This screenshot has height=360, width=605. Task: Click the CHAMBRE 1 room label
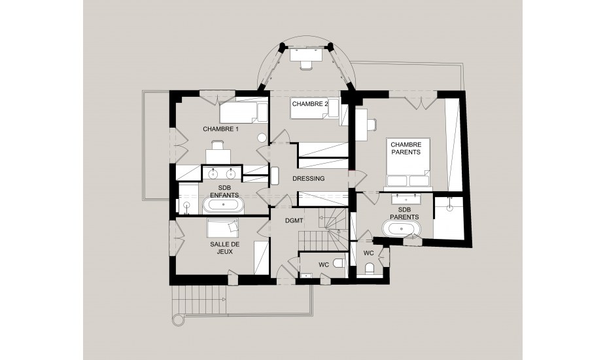coord(220,129)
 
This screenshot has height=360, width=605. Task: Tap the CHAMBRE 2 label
coord(310,104)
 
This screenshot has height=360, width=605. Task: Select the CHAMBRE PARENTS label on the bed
coord(406,149)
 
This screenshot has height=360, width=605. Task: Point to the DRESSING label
coord(308,179)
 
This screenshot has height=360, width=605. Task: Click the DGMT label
coord(294,221)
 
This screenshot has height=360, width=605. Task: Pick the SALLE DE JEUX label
coord(224,248)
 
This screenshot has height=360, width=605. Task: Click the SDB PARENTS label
coord(404,213)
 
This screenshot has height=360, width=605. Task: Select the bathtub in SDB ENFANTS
coord(224,205)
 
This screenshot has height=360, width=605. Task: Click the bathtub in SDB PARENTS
coord(401,228)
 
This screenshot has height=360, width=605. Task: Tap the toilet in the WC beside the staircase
coord(339,263)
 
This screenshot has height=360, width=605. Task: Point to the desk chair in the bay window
coord(305,65)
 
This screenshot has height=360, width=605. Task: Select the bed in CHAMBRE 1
coord(244,113)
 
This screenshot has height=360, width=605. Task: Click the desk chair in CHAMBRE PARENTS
coord(372,125)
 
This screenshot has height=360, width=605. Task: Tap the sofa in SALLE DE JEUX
coord(222,228)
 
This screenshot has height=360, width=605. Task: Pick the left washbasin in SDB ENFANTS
coord(213,174)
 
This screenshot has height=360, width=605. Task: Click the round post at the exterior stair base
coord(178,320)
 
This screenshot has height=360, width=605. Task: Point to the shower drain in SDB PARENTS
coord(449,207)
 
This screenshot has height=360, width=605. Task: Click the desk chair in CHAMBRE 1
coord(217,145)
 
